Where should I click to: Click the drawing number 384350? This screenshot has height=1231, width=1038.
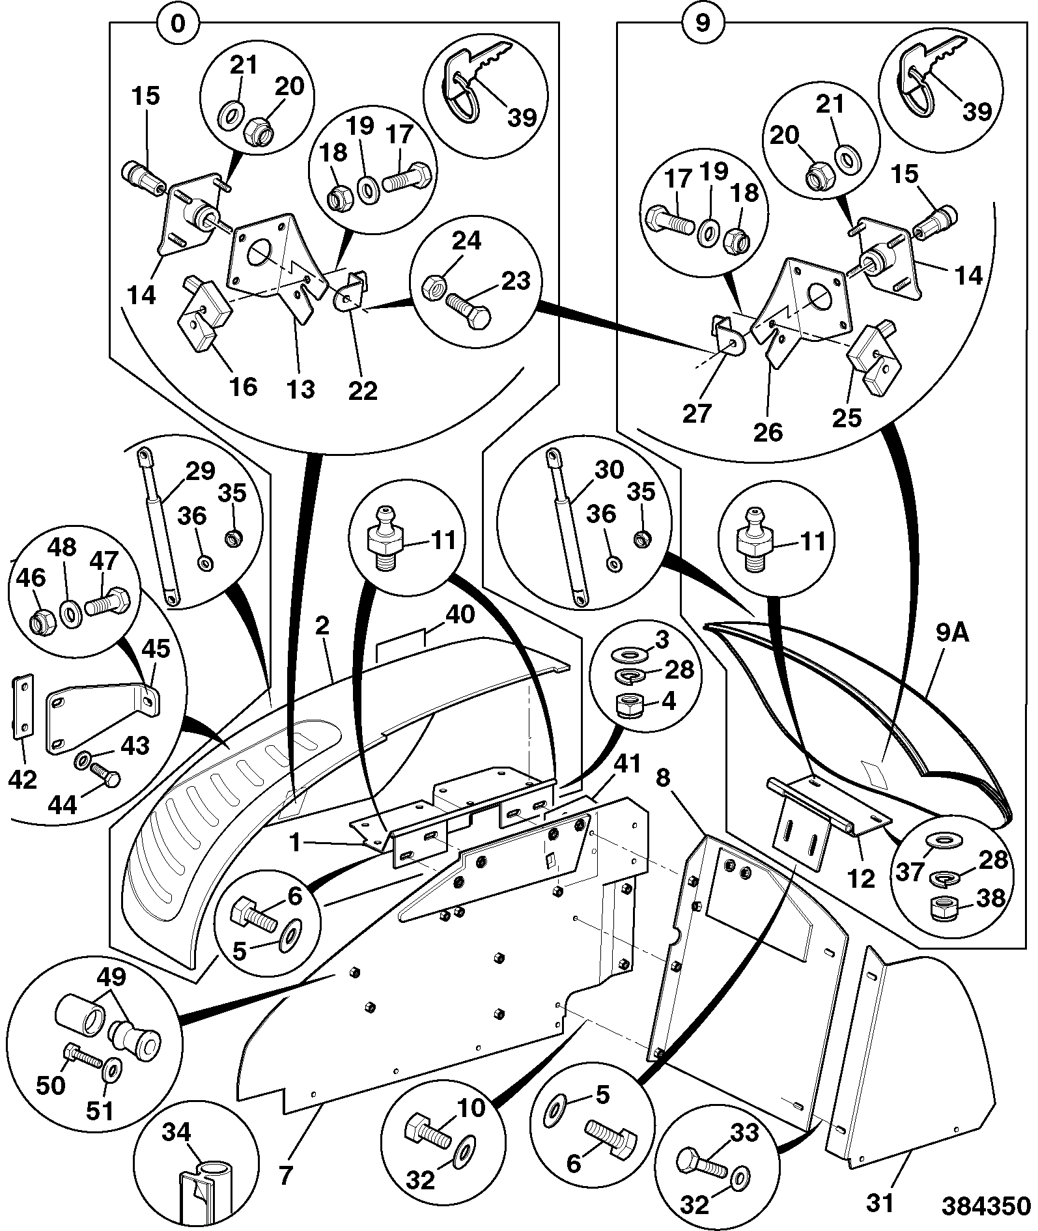click(987, 1206)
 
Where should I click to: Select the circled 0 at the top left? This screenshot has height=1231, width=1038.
click(178, 23)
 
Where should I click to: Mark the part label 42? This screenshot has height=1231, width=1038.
click(23, 779)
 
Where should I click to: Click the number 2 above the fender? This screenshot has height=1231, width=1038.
click(322, 626)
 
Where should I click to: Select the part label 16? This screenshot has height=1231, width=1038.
click(244, 387)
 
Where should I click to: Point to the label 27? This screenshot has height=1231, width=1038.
click(696, 413)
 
